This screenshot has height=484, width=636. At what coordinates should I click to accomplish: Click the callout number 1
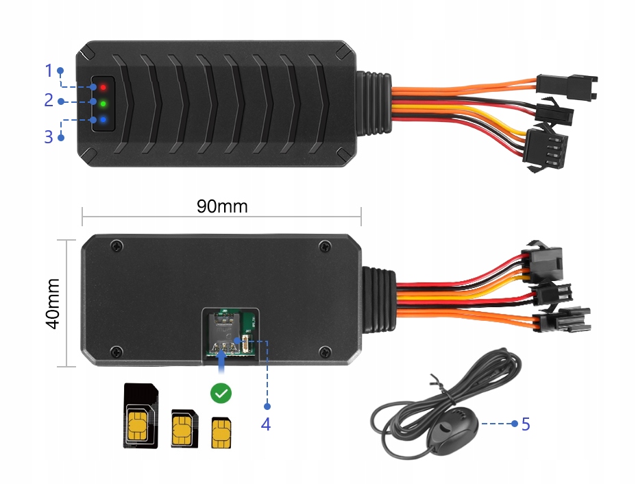click(49, 70)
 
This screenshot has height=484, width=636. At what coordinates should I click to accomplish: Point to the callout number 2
click(49, 101)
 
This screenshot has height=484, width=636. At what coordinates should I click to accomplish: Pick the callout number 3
click(49, 136)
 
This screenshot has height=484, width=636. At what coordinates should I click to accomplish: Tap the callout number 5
click(526, 424)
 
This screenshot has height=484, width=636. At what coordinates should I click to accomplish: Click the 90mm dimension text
click(222, 206)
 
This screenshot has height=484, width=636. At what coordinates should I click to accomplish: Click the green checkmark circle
click(221, 393)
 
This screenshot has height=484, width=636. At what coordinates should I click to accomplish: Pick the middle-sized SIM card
click(184, 428)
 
